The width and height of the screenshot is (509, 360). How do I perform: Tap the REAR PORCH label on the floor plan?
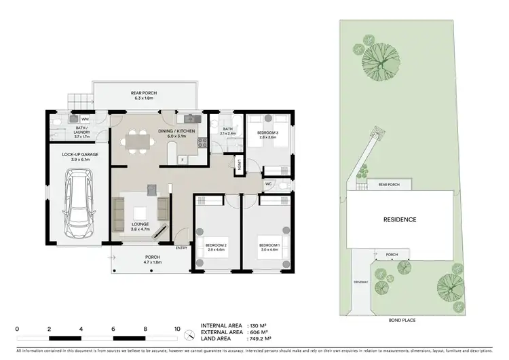143,94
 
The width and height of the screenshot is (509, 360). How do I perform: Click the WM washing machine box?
76,119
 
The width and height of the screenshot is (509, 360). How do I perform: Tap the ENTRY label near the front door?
181,248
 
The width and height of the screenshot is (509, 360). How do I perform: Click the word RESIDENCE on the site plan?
399,219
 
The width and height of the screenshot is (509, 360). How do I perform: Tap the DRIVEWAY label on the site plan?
360,281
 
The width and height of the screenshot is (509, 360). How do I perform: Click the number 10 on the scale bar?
177,329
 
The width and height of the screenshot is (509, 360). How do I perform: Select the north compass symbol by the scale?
191,337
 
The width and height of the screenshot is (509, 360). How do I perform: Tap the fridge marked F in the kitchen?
183,160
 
